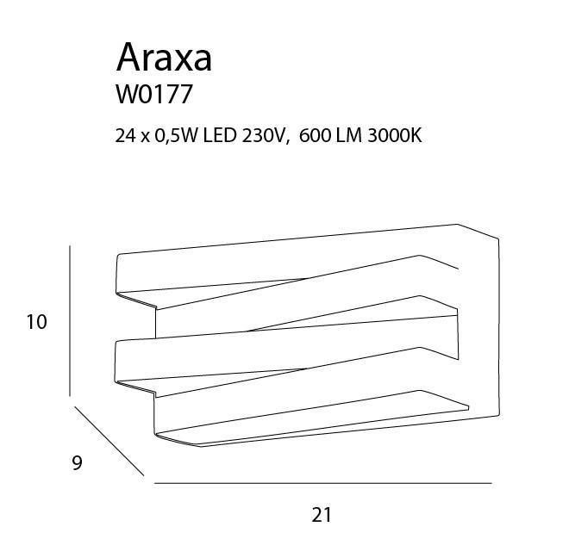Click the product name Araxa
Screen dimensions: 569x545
(164, 58)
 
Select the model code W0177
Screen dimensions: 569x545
(153, 95)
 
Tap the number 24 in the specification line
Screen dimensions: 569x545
(125, 136)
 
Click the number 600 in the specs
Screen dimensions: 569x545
(315, 136)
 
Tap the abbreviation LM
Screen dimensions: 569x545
(349, 136)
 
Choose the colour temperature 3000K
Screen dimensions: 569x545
(395, 136)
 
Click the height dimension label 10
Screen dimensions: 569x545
(36, 322)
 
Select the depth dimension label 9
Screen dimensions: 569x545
(78, 462)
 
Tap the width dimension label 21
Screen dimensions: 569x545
(322, 515)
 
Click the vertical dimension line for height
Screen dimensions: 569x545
(70, 320)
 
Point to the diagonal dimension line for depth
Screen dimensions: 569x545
(109, 441)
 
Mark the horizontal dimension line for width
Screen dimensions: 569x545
(323, 483)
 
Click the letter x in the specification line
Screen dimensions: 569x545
(145, 138)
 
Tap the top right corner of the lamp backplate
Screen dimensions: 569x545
(498, 239)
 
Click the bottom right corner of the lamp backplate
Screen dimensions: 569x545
(499, 414)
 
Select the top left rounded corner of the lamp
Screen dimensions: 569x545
(118, 256)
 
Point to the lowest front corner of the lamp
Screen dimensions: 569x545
(202, 446)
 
